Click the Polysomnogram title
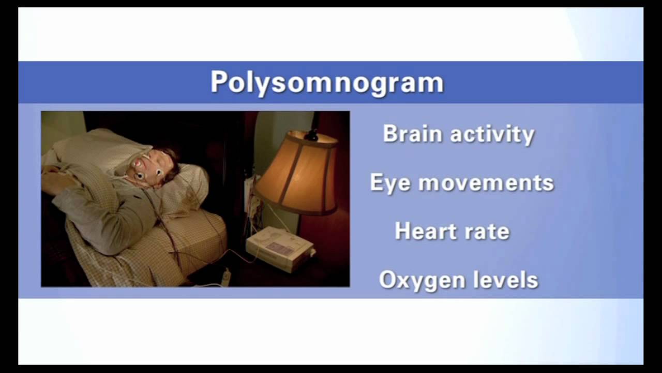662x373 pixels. pos(327,82)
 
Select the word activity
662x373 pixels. pos(492,135)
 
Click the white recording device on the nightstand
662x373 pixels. pos(279,247)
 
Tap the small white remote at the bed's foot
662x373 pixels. pos(226,277)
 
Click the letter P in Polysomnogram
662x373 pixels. pos(219,82)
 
